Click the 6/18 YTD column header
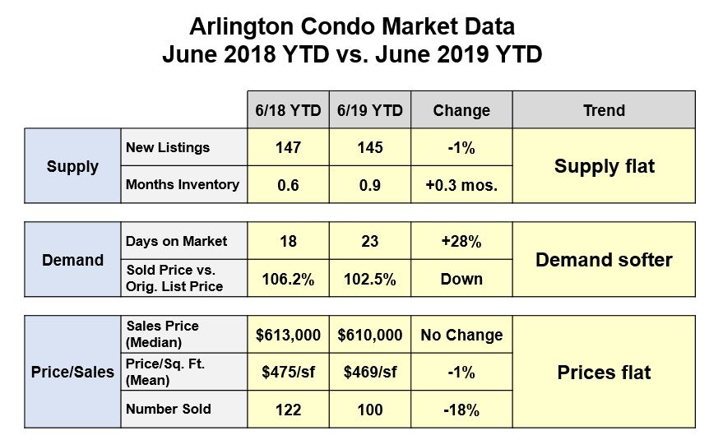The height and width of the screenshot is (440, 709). pyautogui.click(x=288, y=110)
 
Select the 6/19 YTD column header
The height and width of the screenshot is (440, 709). pyautogui.click(x=370, y=110)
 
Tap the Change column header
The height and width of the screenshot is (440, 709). pyautogui.click(x=461, y=110)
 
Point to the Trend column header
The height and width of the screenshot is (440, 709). pyautogui.click(x=604, y=110)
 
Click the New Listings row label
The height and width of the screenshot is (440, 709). pyautogui.click(x=168, y=148)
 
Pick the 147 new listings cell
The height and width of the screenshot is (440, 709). pyautogui.click(x=288, y=148)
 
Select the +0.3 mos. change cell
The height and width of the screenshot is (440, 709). pyautogui.click(x=461, y=185)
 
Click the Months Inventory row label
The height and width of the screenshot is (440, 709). pyautogui.click(x=183, y=185)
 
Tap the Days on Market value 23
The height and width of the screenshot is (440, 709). pyautogui.click(x=370, y=243)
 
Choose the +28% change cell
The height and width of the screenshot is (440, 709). pyautogui.click(x=461, y=243)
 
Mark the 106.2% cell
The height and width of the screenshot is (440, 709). pyautogui.click(x=288, y=279)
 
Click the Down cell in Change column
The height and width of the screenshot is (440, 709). pyautogui.click(x=461, y=279)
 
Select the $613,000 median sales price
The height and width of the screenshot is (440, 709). pyautogui.click(x=288, y=336)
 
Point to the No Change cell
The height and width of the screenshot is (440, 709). pyautogui.click(x=461, y=336)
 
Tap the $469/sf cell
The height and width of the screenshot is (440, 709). pyautogui.click(x=370, y=373)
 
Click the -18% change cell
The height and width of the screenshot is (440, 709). pyautogui.click(x=461, y=410)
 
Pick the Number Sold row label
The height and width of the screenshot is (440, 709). pyautogui.click(x=169, y=410)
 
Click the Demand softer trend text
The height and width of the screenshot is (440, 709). pyautogui.click(x=604, y=261)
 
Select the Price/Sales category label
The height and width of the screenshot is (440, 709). pyautogui.click(x=72, y=373)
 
